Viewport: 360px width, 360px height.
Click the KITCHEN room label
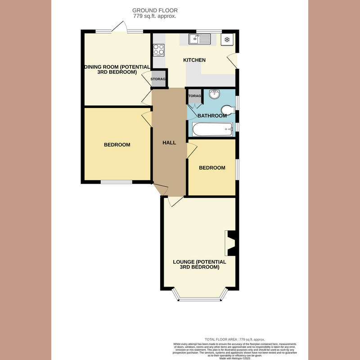click(x=194, y=60)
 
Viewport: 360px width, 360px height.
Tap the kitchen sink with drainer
click(x=200, y=40)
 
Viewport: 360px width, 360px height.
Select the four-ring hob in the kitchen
click(x=158, y=49)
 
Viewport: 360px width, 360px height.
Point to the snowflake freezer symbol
click(x=227, y=40)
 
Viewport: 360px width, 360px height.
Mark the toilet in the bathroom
click(x=228, y=110)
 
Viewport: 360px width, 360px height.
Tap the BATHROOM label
click(x=212, y=116)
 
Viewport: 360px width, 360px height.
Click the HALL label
click(x=169, y=142)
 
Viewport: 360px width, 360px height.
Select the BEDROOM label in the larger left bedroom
click(x=117, y=145)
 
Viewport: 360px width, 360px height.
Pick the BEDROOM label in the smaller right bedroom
click(x=212, y=168)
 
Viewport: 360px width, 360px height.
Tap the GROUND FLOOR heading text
click(x=154, y=10)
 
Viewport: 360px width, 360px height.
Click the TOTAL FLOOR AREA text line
click(x=234, y=339)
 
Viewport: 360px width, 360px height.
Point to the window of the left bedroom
click(x=116, y=182)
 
